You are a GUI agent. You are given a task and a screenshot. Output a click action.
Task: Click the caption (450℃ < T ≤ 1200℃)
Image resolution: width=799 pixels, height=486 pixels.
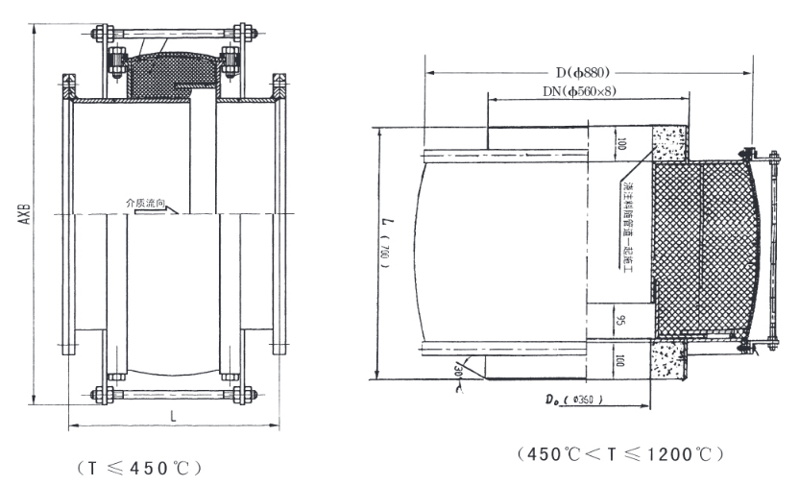point(617,452)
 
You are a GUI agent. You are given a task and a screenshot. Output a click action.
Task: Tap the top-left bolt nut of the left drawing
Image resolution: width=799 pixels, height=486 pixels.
point(99,38)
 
